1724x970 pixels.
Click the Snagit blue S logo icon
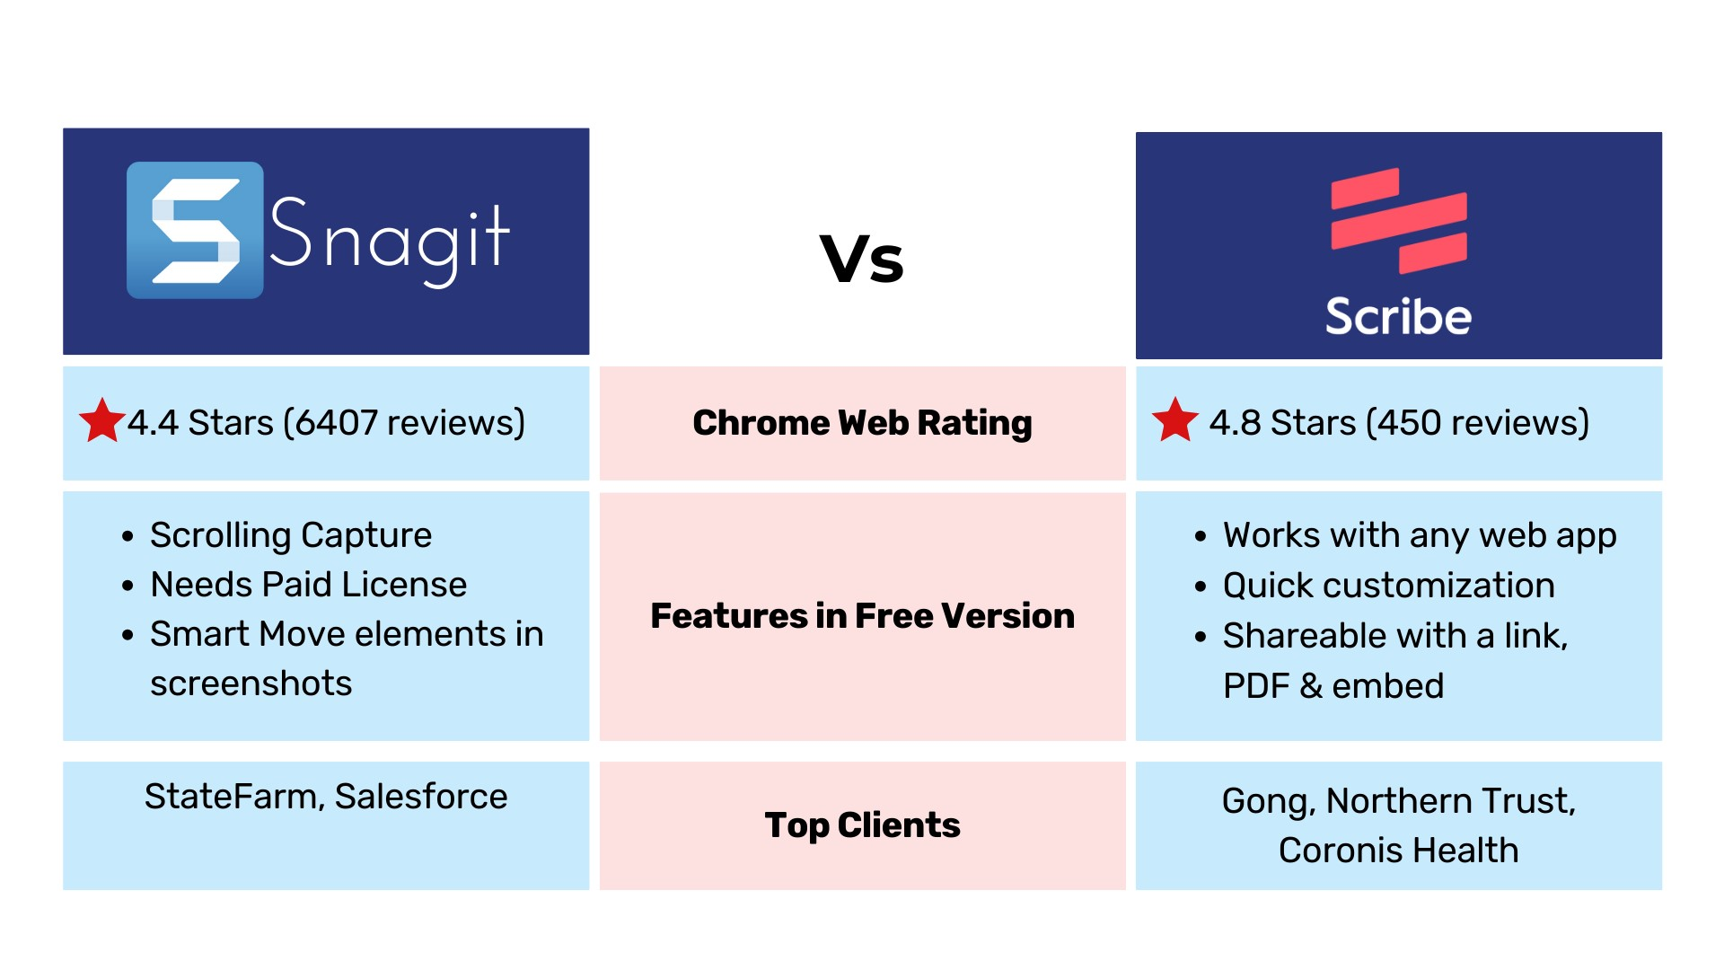tap(195, 230)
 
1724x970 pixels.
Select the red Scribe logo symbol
tap(1399, 220)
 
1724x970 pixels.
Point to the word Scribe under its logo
tap(1399, 316)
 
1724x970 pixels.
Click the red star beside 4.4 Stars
tap(101, 420)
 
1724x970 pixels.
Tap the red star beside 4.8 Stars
tap(1175, 420)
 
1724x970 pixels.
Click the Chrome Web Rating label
tap(862, 423)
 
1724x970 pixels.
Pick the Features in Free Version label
tap(862, 616)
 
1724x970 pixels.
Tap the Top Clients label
tap(862, 825)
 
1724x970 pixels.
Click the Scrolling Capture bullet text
tap(291, 536)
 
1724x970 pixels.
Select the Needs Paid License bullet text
tap(309, 585)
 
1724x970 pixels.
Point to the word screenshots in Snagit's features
tap(251, 683)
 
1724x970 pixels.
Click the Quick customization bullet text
tap(1389, 586)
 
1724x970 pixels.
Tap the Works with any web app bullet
tap(1420, 536)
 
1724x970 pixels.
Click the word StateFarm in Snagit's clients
tap(234, 797)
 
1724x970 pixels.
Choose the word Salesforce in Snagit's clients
tap(421, 797)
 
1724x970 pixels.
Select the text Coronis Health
tap(1399, 851)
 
